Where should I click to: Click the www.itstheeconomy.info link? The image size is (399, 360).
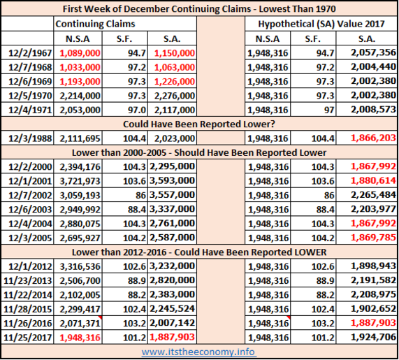click(x=198, y=352)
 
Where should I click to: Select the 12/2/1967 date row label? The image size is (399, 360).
click(x=30, y=53)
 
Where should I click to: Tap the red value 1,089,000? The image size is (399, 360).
click(x=80, y=53)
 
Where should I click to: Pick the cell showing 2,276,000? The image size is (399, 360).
click(x=175, y=96)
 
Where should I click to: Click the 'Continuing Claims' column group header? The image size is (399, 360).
click(x=95, y=24)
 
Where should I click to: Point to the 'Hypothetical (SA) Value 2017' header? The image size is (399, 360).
click(x=321, y=24)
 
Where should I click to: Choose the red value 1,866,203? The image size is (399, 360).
click(x=373, y=138)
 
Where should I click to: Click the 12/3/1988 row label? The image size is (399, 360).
click(x=30, y=138)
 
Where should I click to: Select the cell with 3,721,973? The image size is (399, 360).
click(x=80, y=181)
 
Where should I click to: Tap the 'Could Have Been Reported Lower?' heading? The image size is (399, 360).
click(x=199, y=124)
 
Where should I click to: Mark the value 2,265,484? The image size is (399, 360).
click(x=373, y=195)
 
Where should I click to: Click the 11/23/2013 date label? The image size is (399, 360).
click(x=27, y=281)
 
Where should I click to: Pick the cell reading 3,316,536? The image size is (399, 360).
click(x=80, y=266)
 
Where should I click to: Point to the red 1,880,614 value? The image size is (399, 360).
click(x=373, y=181)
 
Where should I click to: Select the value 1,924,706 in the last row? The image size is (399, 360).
click(x=373, y=338)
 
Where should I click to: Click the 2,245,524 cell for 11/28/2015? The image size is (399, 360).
click(x=173, y=309)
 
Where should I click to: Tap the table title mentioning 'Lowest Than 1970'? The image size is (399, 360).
click(x=199, y=9)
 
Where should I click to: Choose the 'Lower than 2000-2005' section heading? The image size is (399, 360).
click(x=199, y=152)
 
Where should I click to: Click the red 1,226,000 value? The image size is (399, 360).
click(x=175, y=82)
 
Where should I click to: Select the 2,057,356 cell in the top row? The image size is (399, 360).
click(x=373, y=52)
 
